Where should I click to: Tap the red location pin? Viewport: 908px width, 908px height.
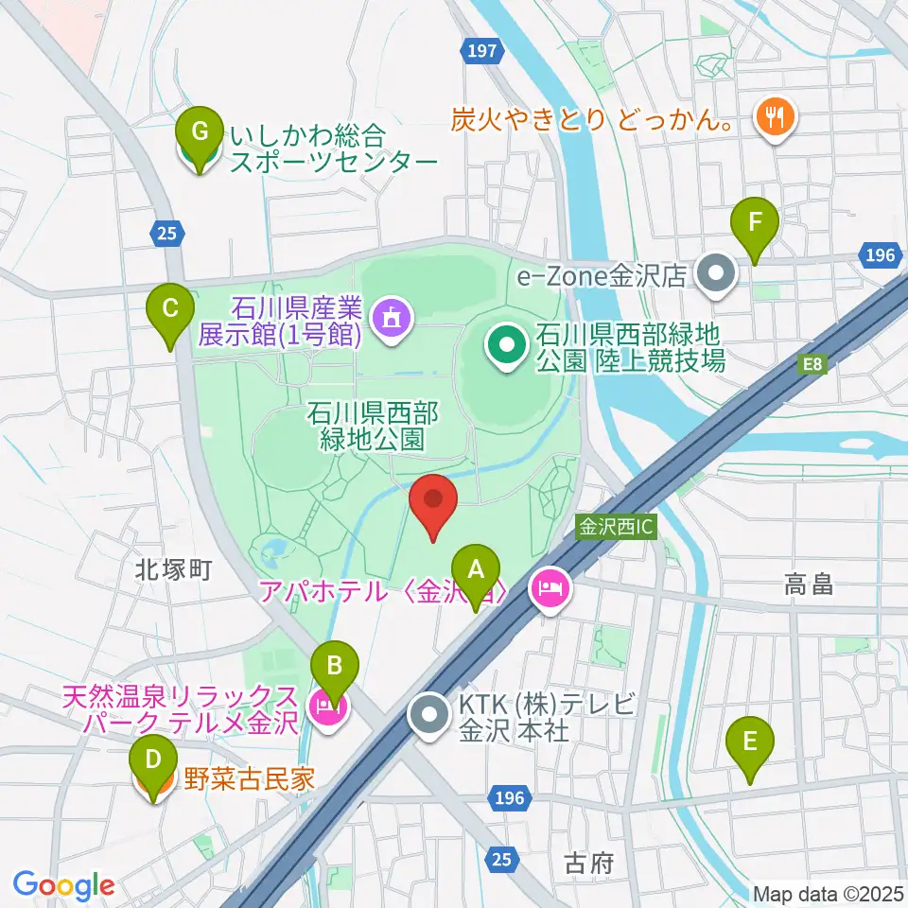(433, 504)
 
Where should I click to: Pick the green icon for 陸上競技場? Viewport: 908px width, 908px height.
(506, 346)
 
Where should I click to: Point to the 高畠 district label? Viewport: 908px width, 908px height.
(809, 586)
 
